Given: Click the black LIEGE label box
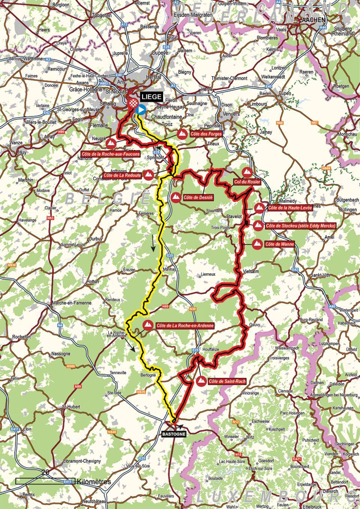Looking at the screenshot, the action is [x=151, y=97].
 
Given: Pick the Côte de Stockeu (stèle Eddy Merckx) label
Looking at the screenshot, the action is [x=300, y=226].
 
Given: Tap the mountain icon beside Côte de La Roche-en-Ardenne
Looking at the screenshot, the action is [x=147, y=325].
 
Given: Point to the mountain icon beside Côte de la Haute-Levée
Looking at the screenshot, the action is [x=258, y=208].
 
